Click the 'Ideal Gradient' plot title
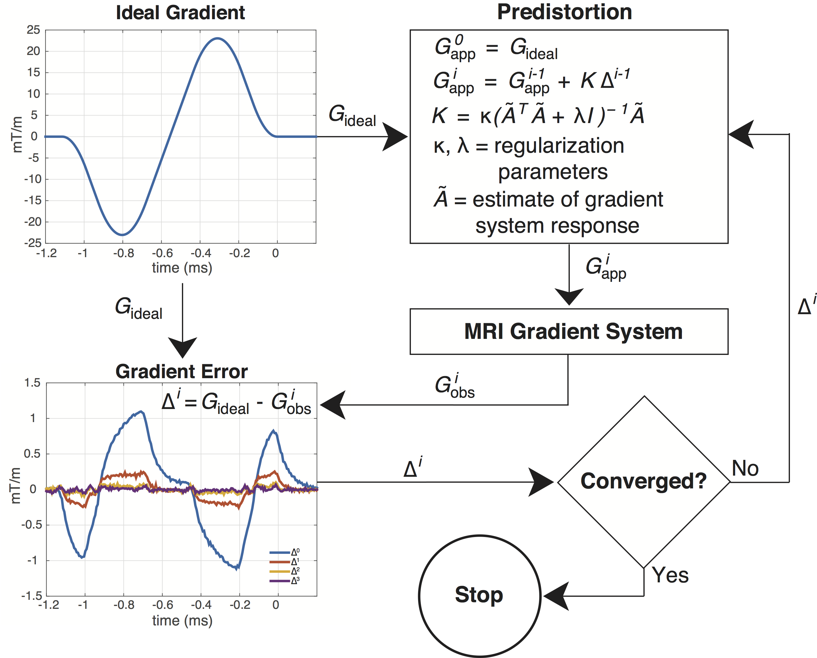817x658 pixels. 180,13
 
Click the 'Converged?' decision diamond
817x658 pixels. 644,481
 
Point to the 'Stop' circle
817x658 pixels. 480,595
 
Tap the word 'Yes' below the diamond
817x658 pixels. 670,575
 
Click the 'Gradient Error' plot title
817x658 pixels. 181,371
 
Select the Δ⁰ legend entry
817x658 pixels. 284,552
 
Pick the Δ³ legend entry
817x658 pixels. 284,581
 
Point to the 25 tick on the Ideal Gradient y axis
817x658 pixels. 33,30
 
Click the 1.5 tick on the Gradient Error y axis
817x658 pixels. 32,383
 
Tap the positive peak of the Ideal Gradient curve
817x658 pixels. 217,38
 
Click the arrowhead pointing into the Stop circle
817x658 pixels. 556,596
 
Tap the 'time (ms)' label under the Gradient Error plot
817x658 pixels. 182,620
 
